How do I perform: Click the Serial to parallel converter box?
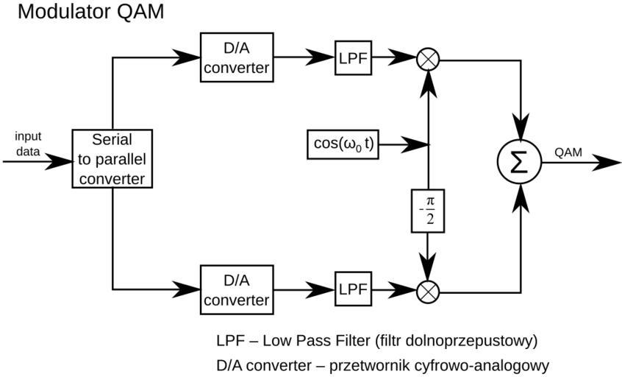point(112,158)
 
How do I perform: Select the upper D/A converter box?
point(237,57)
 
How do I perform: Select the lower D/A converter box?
point(237,291)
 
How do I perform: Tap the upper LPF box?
point(354,57)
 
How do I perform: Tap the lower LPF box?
point(354,290)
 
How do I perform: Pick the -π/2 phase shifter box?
point(427,210)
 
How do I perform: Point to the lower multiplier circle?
point(427,292)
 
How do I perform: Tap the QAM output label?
point(568,152)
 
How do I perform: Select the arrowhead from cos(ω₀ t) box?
point(416,144)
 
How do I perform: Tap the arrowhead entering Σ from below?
point(521,196)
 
